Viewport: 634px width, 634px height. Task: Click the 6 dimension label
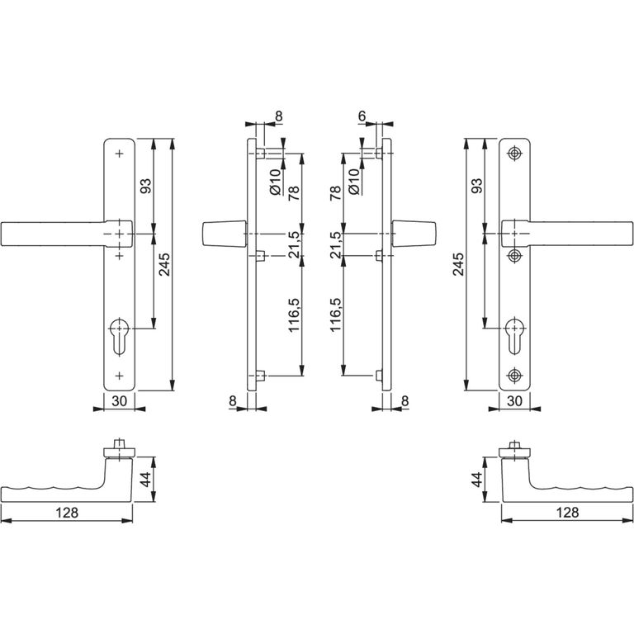coord(362,116)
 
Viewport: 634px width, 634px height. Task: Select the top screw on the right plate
coord(514,154)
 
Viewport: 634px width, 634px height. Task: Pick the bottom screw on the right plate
coord(514,376)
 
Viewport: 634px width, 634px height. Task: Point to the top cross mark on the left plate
coord(119,154)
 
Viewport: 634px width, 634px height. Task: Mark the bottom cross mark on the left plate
coord(119,376)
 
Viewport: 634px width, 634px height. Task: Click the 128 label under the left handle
coord(67,513)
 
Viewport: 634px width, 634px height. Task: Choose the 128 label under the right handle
coord(567,513)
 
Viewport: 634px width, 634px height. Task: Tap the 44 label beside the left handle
coord(145,480)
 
